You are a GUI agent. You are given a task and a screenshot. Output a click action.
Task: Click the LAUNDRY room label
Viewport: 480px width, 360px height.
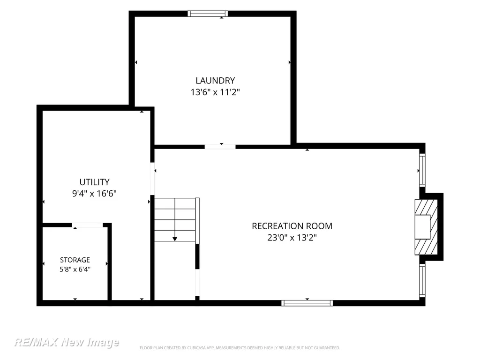coord(215,81)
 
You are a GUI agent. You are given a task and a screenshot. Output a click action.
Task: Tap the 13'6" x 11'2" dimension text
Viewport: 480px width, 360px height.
coord(215,92)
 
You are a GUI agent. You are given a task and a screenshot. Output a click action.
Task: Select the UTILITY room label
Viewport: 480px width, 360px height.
coord(94,182)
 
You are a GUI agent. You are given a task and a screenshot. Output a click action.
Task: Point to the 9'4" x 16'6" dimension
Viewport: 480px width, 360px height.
coord(94,194)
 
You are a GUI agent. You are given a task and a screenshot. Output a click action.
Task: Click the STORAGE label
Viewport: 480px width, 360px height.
coord(75,260)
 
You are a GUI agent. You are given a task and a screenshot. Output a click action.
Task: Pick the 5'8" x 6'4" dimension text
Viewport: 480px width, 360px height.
coord(75,270)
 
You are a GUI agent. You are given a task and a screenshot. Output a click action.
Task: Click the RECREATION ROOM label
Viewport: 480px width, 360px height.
coord(292,226)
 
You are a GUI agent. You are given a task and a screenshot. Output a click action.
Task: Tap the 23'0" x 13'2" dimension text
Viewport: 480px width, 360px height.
coord(292,238)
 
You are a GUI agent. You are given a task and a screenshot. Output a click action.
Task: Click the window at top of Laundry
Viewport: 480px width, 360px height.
coord(208,14)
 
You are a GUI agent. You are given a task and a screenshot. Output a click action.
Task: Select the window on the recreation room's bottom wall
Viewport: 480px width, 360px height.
coord(307,303)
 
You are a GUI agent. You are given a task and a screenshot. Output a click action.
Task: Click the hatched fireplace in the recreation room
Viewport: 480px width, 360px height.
coord(426,227)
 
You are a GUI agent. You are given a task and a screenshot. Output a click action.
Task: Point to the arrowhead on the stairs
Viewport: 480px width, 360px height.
coord(175,239)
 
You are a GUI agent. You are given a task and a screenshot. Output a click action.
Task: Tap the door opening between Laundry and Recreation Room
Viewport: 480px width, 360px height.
coord(220,147)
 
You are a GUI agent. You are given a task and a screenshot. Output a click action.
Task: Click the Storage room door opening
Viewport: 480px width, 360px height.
coord(88,225)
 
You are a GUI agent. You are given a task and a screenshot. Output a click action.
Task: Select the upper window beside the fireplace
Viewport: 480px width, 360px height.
coord(422,170)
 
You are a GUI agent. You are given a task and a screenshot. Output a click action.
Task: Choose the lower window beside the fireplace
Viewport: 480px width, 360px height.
coord(422,280)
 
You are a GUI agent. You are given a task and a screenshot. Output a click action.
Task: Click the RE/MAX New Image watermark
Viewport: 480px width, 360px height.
coord(67,342)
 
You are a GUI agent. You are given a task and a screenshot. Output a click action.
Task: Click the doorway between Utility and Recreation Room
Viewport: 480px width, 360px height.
coord(152,179)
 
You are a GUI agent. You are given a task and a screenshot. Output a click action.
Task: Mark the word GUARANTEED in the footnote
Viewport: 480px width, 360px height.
coord(328,348)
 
